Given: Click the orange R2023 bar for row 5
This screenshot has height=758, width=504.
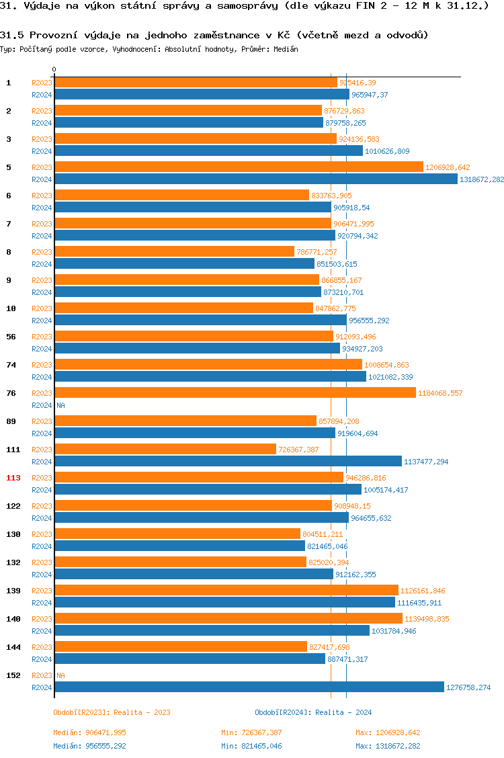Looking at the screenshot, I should point(239,167).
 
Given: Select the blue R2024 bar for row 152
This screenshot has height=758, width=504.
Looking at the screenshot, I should point(249,687).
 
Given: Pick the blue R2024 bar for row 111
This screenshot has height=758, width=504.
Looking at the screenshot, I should point(228,462).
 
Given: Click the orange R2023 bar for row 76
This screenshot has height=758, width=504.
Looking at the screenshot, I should point(235,393).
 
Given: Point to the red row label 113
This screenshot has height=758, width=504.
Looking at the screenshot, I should point(13,478).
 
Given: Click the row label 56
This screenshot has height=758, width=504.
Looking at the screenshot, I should point(11,337).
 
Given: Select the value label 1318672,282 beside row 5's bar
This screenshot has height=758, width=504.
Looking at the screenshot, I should point(481,179).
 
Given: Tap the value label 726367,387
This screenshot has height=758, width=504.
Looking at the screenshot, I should point(298,450).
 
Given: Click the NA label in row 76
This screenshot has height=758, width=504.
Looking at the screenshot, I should point(60,405).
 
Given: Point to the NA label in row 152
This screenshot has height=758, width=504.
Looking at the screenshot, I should point(60,675).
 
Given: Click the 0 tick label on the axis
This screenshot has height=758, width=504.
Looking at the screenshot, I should point(54,69).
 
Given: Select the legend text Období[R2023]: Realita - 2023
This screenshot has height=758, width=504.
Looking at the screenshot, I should point(112,712).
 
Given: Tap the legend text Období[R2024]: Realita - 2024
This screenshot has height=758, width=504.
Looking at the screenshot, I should point(313,712).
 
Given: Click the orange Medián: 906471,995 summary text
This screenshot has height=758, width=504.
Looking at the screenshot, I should point(89,732).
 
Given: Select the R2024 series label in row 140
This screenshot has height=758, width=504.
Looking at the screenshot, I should point(42,631).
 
